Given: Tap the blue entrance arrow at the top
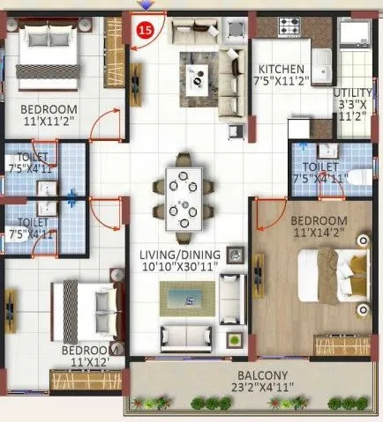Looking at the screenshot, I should coord(146,5).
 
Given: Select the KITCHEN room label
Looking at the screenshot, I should coord(282,70).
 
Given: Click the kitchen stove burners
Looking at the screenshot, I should coord(290,27).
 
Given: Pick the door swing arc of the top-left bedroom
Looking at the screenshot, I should coord(108,124).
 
